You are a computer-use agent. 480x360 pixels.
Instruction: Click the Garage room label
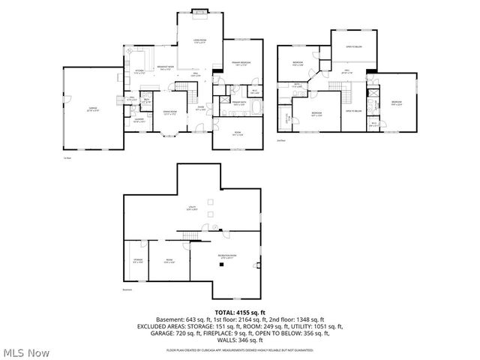click(x=93, y=109)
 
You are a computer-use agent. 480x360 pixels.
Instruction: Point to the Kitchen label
click(x=139, y=72)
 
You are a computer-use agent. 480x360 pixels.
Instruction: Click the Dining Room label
click(x=169, y=113)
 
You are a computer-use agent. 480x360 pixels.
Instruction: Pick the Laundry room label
click(x=139, y=119)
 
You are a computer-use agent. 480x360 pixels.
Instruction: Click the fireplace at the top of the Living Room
click(x=199, y=12)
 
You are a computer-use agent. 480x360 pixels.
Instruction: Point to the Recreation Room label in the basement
click(x=227, y=257)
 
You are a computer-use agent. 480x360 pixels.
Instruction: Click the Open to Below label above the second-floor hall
click(x=355, y=46)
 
